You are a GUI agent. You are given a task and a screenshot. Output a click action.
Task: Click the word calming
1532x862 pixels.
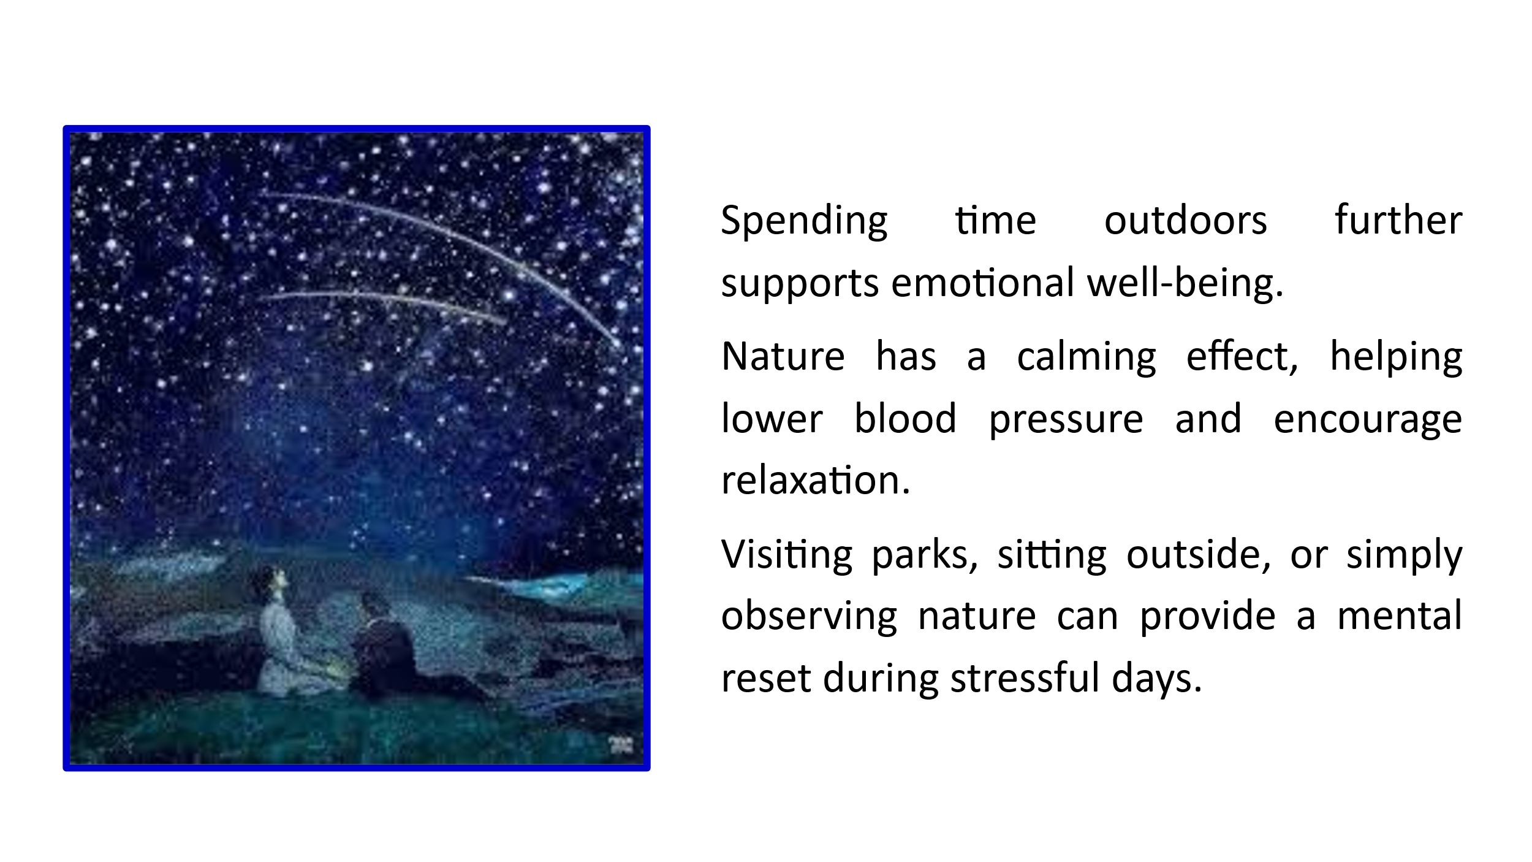[x=1086, y=357]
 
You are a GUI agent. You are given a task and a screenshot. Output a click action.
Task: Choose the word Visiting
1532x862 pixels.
[x=787, y=555]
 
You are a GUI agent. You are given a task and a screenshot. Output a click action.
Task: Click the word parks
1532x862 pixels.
[x=924, y=555]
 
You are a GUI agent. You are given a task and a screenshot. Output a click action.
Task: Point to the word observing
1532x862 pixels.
[x=809, y=617]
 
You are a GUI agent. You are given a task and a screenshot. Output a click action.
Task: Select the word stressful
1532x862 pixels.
[x=1025, y=677]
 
